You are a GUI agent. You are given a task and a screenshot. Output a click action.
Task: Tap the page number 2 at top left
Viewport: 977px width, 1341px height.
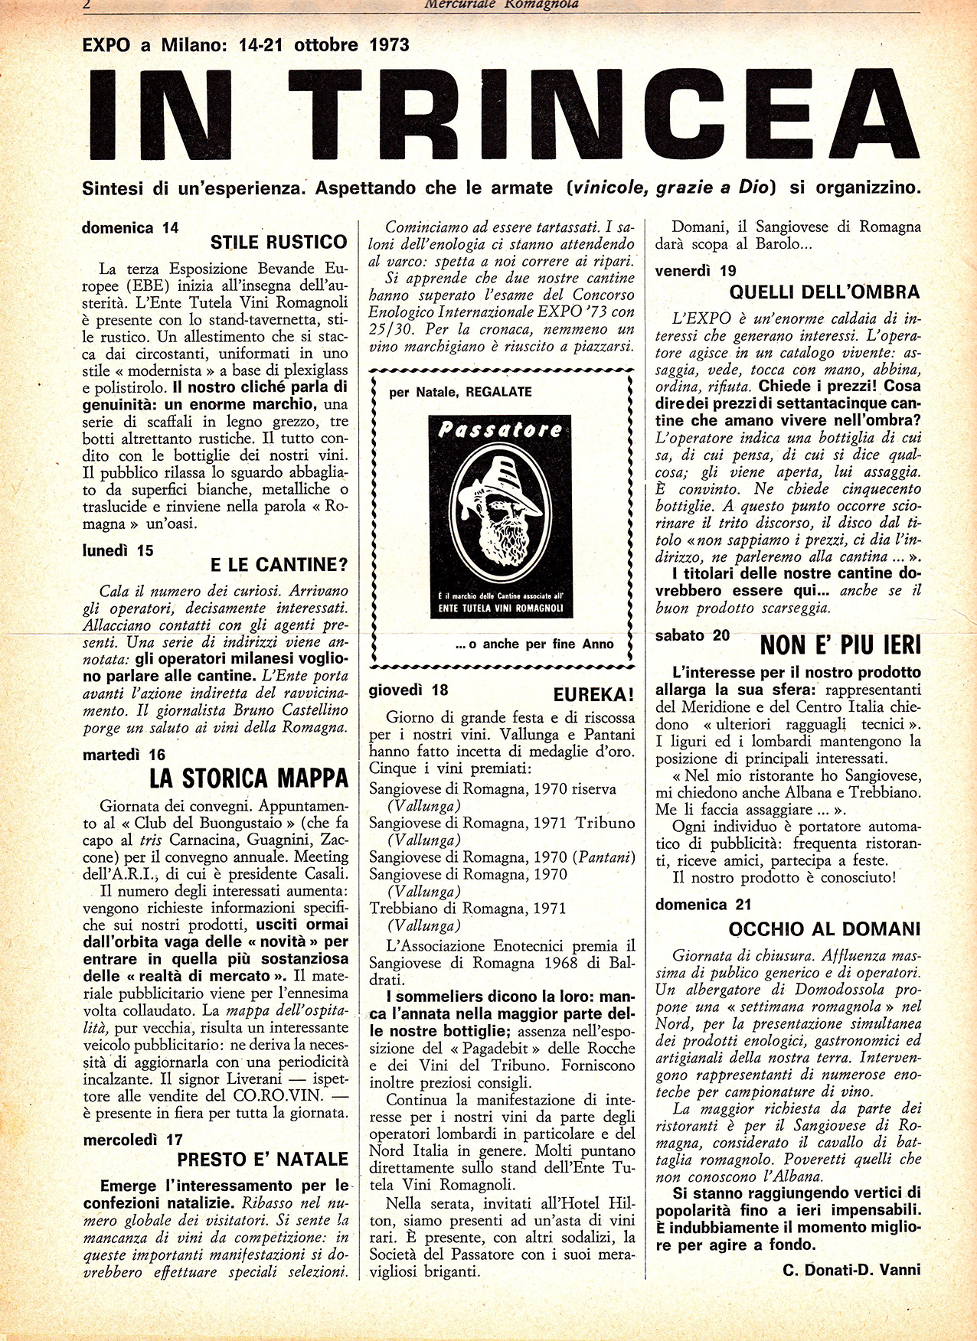pos(87,4)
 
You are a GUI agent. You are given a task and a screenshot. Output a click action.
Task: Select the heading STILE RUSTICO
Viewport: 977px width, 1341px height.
pos(279,243)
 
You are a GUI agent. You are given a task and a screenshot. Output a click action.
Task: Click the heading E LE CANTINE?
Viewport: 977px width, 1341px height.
pos(279,565)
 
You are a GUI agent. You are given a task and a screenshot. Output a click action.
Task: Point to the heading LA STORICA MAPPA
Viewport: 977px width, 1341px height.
pos(249,778)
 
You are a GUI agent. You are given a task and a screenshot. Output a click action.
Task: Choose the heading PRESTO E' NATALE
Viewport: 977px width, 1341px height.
pos(263,1159)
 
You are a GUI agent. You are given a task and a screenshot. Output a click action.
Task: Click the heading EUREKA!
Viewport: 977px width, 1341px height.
pos(593,694)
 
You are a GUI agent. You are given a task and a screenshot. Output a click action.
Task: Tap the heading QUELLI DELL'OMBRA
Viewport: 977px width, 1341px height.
pos(824,292)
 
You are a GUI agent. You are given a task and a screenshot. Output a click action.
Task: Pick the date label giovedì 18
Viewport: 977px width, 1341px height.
pos(408,689)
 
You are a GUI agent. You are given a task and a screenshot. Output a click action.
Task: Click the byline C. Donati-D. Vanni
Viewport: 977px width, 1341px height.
pos(851,1270)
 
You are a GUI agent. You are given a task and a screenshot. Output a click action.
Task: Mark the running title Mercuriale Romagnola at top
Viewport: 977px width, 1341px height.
pos(502,4)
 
